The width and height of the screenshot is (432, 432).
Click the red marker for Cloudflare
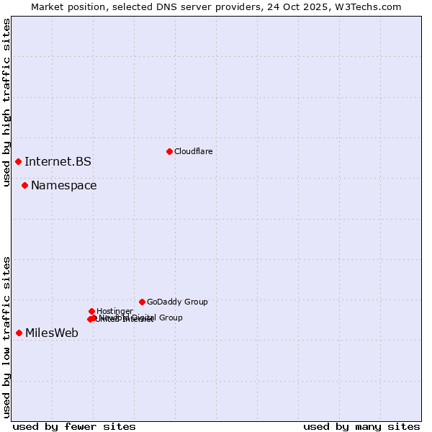click(x=169, y=151)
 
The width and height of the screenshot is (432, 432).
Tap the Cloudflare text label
click(x=193, y=151)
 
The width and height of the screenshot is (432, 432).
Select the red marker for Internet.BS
click(x=18, y=161)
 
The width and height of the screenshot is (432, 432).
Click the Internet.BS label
click(x=58, y=161)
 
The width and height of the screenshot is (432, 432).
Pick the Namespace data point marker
click(x=24, y=185)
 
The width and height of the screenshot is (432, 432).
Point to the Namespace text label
click(x=63, y=185)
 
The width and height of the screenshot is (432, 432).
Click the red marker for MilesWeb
click(x=19, y=333)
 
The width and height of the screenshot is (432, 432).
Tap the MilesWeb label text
click(x=51, y=333)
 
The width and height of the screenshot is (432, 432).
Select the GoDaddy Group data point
click(x=142, y=302)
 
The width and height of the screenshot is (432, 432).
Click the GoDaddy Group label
click(x=177, y=302)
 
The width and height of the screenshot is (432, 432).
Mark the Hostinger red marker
click(x=91, y=311)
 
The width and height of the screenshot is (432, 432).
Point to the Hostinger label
click(x=114, y=311)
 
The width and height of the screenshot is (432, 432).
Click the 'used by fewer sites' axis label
click(x=74, y=426)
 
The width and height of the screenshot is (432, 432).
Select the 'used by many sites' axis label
click(x=361, y=426)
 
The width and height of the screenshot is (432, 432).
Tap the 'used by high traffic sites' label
click(x=6, y=102)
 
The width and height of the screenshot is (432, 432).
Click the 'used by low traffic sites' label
click(x=6, y=337)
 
